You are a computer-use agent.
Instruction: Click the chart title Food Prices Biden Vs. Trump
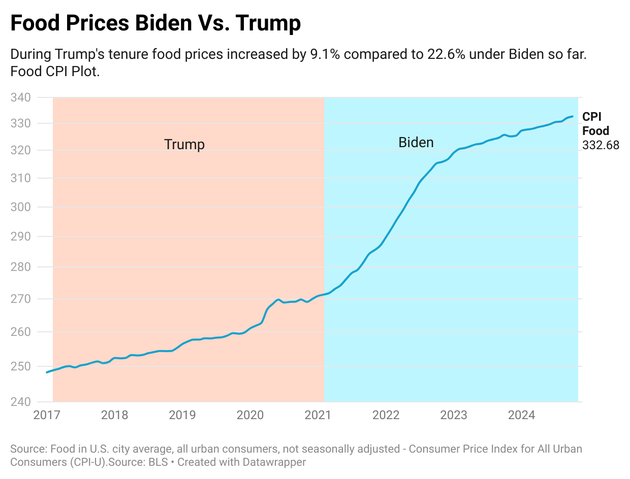coord(155,23)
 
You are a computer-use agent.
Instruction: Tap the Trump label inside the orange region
coord(184,145)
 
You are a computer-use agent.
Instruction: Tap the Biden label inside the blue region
coord(416,143)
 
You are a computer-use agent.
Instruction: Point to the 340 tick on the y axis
coord(21,97)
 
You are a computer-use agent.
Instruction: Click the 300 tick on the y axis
coord(21,207)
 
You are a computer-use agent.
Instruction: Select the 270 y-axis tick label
coord(21,299)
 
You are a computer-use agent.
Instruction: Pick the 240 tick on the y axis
coord(21,402)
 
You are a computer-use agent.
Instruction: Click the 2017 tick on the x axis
coord(47,415)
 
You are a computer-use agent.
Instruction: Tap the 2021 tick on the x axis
coord(318,415)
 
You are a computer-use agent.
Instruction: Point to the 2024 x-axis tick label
coord(521,415)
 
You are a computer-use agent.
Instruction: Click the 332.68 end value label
coord(601,145)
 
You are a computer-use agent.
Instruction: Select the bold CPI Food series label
coord(595,124)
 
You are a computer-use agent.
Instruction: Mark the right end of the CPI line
coord(573,117)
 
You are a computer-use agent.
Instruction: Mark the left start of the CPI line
coord(47,372)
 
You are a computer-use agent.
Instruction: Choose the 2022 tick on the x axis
coord(386,415)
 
